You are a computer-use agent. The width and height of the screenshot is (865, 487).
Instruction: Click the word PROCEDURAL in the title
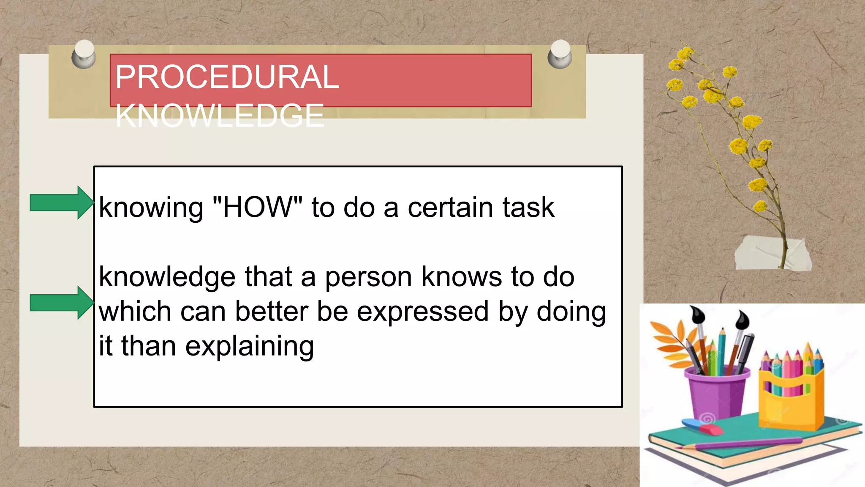pos(227,77)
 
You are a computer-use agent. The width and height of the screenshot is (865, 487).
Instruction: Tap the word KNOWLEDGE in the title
pos(220,116)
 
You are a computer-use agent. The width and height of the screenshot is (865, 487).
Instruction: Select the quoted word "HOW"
pos(258,207)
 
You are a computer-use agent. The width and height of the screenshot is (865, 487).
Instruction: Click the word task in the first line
pos(528,207)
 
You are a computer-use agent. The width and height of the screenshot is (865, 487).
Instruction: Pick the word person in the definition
pos(368,278)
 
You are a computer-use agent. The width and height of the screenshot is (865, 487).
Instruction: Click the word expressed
pos(422,312)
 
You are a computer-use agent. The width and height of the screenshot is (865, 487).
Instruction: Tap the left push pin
pos(84,54)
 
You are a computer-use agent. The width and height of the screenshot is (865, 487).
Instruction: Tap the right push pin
pos(560,54)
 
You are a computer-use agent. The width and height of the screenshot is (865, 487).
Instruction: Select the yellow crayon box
pos(791,397)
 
